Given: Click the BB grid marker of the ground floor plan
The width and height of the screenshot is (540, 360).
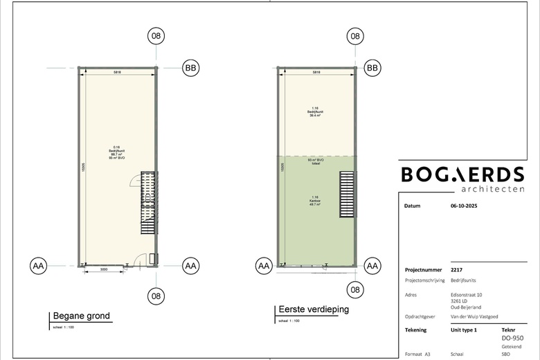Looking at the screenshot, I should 190,68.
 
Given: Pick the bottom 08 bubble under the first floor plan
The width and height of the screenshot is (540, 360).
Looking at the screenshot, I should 355,289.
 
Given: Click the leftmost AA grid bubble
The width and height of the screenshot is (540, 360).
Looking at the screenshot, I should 39,265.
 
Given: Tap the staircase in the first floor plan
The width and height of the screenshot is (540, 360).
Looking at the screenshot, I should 346,196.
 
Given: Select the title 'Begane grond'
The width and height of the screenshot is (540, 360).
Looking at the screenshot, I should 82,316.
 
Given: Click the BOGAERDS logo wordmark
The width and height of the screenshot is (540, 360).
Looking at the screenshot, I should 462,174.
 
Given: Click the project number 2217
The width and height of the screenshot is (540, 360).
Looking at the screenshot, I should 456,270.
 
